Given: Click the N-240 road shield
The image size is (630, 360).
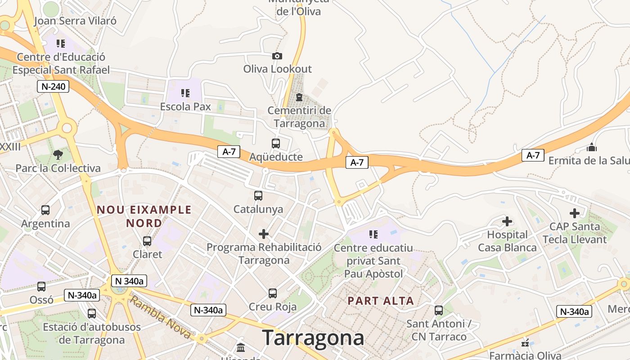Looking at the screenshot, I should pos(53,86).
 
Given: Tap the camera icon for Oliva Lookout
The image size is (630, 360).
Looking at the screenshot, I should pos(277,56).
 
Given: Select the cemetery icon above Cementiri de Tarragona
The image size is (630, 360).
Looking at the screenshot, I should pos(299,97).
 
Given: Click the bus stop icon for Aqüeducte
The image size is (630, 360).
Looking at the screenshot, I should pos(276,144).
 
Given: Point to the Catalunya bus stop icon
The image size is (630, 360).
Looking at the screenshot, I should pos(258,196).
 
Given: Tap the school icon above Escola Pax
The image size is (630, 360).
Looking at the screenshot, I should pos(185,93).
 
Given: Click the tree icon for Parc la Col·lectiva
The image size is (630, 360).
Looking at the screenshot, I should pos(58,155).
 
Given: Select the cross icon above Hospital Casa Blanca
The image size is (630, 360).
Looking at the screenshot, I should pos(507,221).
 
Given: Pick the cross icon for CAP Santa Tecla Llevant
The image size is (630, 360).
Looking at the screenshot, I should pos(575,213).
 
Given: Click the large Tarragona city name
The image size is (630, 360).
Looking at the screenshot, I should pos(313,337).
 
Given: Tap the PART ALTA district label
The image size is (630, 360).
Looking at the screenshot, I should pos(381,301).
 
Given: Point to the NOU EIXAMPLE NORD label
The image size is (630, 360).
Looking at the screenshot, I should pos(144,216).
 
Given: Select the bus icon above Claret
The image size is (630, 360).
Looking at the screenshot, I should pos(147,241).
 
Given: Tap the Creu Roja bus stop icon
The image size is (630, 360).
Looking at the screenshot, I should pos(273,293).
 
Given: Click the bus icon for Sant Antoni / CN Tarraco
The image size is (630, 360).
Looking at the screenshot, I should pos(439,310).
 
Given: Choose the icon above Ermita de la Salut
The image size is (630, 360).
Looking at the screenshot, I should pos(591,147).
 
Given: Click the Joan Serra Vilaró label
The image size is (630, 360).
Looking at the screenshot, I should pos(75,21).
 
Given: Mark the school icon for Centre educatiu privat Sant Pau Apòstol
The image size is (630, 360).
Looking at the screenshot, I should pos(373,234).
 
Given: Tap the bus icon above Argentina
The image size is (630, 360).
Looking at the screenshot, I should pos(45,210).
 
